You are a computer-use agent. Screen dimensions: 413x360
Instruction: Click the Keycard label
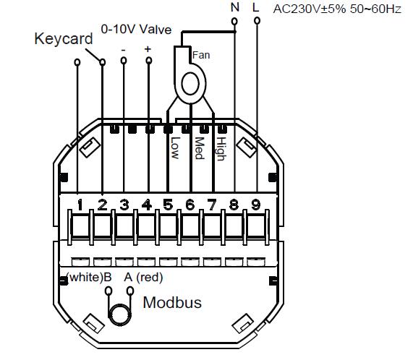[64, 40]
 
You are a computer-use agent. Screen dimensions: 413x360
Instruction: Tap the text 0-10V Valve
[136, 29]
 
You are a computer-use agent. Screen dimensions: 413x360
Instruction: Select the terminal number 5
[168, 205]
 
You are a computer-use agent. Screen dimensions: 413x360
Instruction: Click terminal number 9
[255, 205]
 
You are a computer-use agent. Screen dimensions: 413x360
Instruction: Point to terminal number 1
[80, 205]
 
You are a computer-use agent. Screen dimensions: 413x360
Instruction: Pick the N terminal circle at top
[234, 21]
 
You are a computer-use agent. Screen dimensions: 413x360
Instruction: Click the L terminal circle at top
[257, 21]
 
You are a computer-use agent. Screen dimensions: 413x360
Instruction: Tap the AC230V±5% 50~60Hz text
[337, 9]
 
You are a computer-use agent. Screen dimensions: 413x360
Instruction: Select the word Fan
[201, 55]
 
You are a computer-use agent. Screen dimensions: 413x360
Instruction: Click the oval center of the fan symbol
[190, 84]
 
